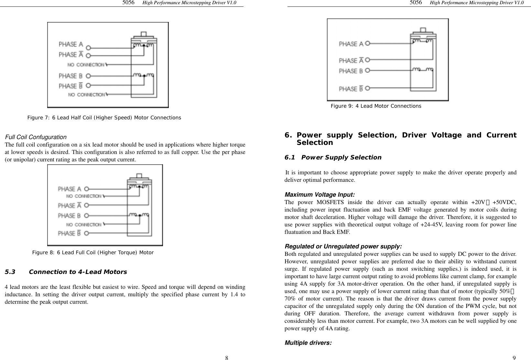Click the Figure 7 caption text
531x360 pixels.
point(104,118)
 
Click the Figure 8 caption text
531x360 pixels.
point(92,253)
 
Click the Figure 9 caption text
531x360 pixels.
point(376,106)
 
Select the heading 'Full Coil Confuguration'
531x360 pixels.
point(36,137)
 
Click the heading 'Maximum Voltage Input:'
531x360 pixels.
point(320,195)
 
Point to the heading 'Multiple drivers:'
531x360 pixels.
point(308,343)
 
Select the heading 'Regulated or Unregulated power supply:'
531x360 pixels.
point(343,246)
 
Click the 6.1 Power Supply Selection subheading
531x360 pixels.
point(333,158)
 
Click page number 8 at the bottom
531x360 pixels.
point(227,357)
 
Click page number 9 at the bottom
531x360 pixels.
point(514,357)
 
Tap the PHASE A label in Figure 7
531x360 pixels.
point(70,44)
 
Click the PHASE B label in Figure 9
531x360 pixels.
point(351,71)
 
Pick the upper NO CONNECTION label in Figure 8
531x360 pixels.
point(84,196)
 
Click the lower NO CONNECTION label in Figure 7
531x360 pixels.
point(87,95)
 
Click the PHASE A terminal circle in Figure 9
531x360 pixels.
point(367,43)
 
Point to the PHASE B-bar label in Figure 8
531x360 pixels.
point(70,233)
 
